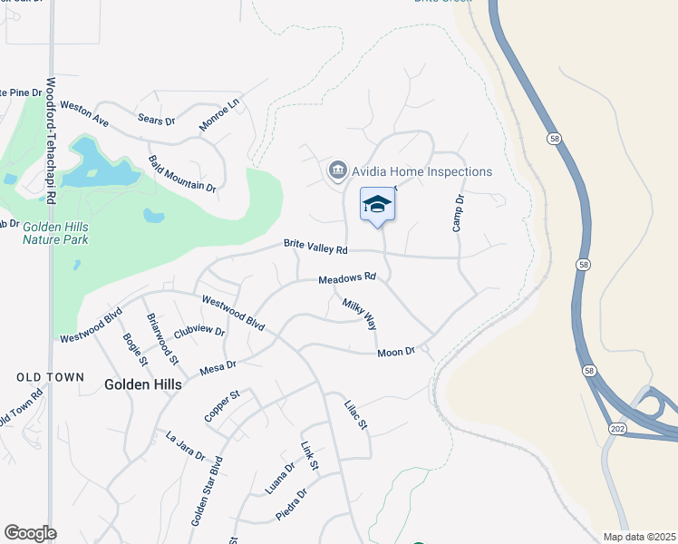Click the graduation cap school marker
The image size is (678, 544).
pos(378,205)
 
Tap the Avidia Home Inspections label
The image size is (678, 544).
pos(422,171)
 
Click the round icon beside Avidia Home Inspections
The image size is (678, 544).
pos(338,170)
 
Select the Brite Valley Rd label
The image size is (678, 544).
pos(315,247)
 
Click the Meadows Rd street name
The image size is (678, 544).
pos(346,278)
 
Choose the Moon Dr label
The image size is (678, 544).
pos(395,351)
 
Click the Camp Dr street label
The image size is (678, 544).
pos(458,212)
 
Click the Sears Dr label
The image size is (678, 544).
pos(156,119)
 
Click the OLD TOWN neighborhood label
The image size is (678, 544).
pos(51,377)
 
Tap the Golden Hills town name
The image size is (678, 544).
pos(142,384)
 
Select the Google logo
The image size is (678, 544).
pos(30,532)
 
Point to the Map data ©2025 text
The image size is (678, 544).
pos(638,537)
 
